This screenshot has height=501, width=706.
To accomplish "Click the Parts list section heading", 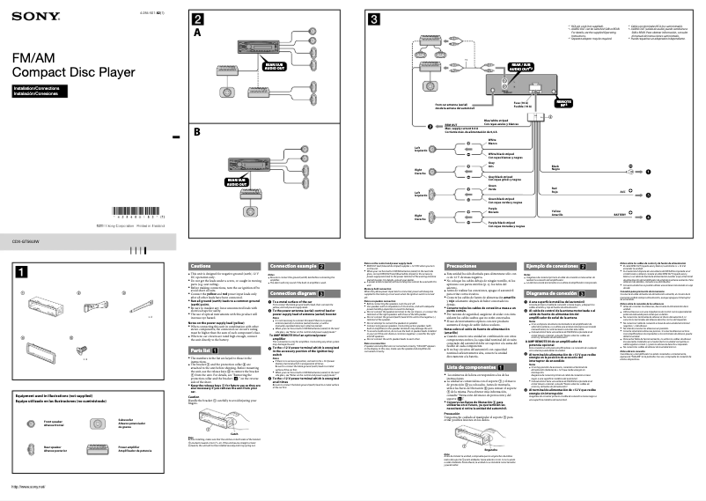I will tap(202, 325).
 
